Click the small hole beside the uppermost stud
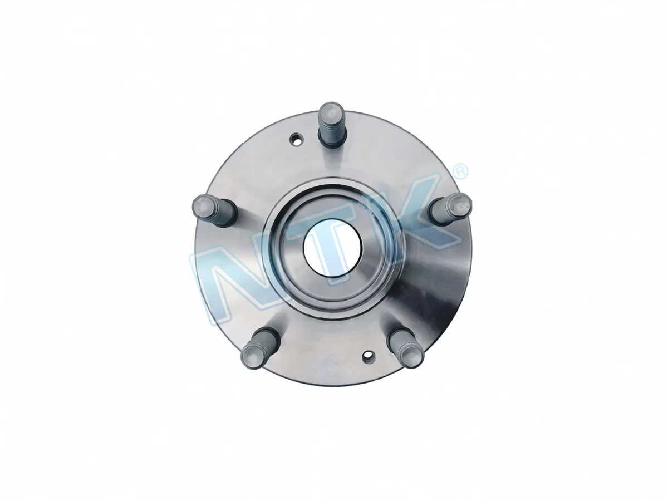(296, 140)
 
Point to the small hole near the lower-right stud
(369, 355)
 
